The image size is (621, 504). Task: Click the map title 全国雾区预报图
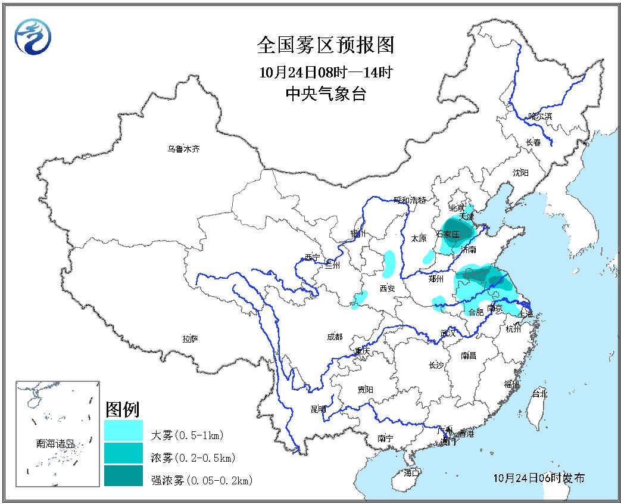point(326,45)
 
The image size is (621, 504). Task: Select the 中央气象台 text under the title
point(326,94)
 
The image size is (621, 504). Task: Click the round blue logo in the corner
point(33,35)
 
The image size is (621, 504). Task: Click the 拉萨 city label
point(190,338)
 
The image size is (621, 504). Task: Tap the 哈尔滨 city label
point(539,116)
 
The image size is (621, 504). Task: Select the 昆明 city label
point(319,409)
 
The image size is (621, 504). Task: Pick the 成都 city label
point(335,337)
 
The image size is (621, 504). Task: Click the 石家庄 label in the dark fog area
point(448,234)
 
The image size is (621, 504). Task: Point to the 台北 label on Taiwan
point(539,394)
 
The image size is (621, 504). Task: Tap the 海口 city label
point(411,472)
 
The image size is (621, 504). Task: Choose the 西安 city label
point(387,288)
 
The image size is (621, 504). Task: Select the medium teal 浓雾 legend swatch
point(123,453)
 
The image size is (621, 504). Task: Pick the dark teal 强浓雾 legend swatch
point(123,475)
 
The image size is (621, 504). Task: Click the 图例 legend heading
point(122,410)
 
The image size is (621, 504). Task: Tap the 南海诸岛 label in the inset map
point(55,443)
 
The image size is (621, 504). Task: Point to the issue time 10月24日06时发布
point(539,478)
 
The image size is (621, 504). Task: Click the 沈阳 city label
point(520,173)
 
